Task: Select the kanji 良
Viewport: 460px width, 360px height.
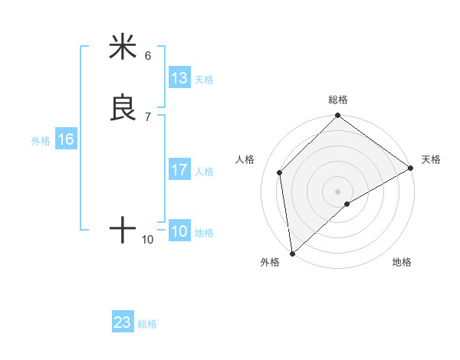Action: (123, 108)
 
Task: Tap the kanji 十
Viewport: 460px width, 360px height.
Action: (123, 230)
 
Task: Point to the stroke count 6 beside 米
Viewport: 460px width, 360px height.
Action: (148, 56)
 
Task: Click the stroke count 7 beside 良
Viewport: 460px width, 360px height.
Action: (148, 117)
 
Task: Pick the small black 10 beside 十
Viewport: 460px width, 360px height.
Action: (148, 240)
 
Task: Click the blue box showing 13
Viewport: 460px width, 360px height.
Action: (179, 78)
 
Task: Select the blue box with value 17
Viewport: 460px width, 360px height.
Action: (179, 170)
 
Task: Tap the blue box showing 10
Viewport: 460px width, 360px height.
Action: (179, 231)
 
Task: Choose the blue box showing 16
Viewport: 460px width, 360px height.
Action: (66, 139)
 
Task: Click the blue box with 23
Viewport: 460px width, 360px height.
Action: (123, 322)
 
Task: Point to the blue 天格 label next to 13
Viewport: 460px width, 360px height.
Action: (203, 80)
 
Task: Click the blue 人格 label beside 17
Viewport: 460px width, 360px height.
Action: (203, 172)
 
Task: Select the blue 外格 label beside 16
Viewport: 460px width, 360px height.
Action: (41, 141)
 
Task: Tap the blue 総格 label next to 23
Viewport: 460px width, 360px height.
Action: (147, 324)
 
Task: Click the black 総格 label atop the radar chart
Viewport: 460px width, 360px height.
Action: (338, 100)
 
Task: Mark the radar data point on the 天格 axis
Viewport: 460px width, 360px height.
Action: (411, 168)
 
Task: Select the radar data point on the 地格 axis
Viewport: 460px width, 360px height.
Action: (347, 204)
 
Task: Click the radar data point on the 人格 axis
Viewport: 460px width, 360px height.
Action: (280, 172)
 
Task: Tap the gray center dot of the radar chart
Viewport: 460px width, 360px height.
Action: (338, 191)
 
